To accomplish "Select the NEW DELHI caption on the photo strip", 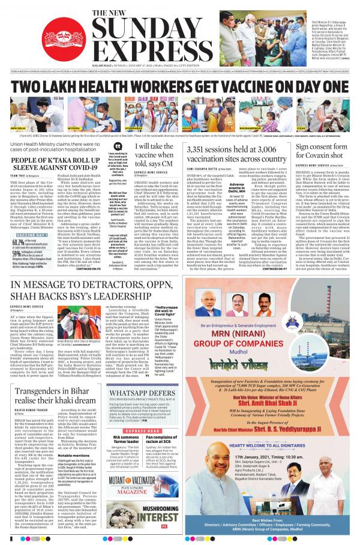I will pos(19,128).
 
